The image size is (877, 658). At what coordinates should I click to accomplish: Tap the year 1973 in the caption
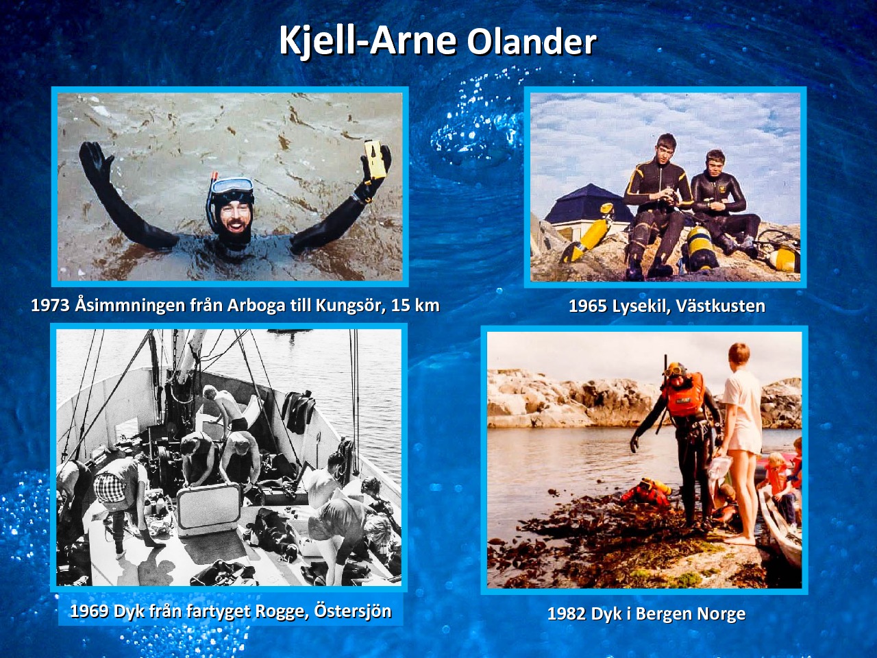pos(51,306)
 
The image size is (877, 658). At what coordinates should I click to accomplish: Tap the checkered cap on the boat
pos(110,487)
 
